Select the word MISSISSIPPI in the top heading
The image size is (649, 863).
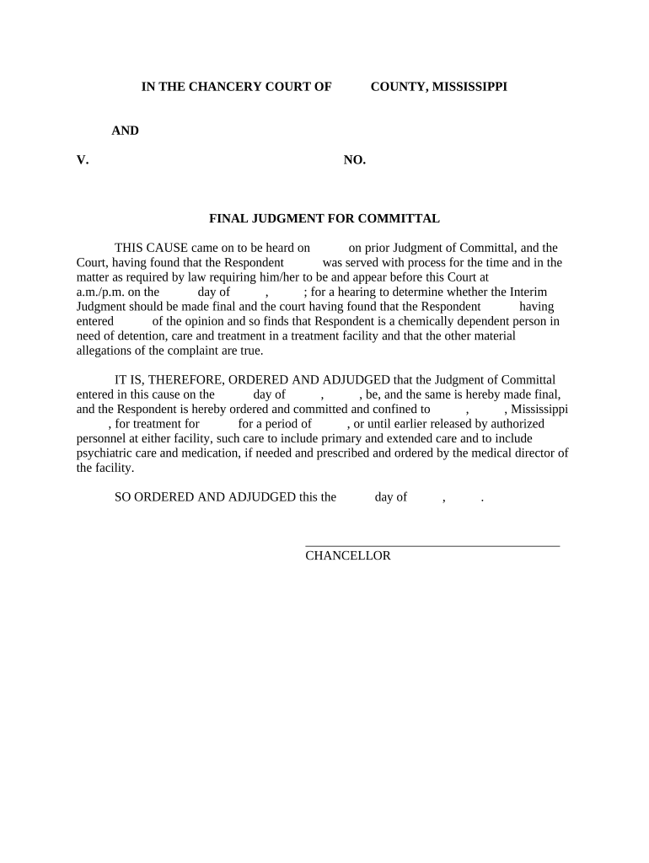(469, 87)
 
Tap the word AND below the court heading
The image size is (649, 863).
(126, 131)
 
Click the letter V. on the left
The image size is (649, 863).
(83, 160)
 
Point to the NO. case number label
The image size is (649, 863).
(355, 160)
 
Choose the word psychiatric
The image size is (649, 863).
(105, 453)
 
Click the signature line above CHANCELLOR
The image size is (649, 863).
(432, 546)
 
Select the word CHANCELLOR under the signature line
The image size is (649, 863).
(348, 556)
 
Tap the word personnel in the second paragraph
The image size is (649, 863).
(103, 438)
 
